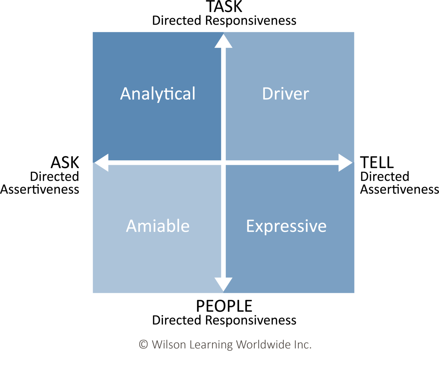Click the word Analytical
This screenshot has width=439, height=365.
(158, 94)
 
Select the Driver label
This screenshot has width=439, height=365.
(286, 94)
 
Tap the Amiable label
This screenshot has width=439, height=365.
(158, 226)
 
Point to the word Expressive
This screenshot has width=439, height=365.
(286, 226)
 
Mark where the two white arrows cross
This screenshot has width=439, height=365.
(224, 163)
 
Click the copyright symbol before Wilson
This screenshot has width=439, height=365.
(143, 344)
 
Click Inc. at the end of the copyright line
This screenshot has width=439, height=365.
(302, 344)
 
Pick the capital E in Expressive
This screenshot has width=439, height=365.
(251, 226)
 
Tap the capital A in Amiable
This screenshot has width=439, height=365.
(132, 226)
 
